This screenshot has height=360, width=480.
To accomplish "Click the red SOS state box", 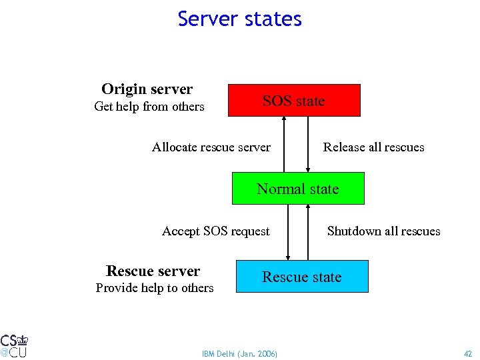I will [294, 101].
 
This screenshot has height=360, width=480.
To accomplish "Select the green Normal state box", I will [298, 189].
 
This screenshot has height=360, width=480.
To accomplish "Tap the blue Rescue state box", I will [301, 277].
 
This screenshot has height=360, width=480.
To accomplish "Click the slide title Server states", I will [240, 19].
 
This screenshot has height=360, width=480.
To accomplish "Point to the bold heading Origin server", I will [147, 89].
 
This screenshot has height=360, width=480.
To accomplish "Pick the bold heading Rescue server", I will [153, 271].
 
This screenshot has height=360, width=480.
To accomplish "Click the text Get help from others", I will [149, 107].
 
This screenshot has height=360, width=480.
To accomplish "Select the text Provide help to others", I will [155, 288].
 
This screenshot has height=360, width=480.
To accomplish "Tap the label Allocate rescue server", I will [211, 147].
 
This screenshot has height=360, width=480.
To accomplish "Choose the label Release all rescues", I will [373, 147].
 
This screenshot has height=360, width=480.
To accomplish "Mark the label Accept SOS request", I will [216, 231].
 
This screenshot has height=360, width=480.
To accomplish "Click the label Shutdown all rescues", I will [383, 231].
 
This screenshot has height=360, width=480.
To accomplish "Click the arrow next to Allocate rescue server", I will [285, 144].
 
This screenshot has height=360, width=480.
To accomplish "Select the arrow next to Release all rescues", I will [308, 144].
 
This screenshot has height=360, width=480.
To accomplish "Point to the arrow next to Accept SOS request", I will [288, 232].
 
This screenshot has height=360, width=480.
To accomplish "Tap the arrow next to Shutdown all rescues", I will [308, 232].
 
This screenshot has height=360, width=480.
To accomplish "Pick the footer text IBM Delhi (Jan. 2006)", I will [240, 353].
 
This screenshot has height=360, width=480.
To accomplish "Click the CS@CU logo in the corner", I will [14, 345].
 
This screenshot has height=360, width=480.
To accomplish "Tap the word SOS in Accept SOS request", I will [215, 231].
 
